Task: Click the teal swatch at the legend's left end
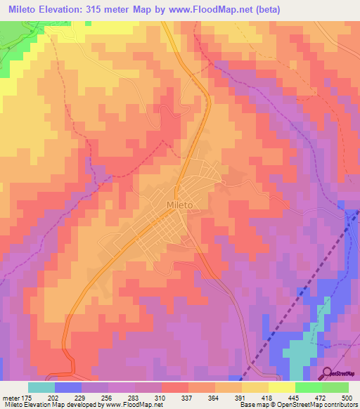41,387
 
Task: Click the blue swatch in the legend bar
68,387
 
